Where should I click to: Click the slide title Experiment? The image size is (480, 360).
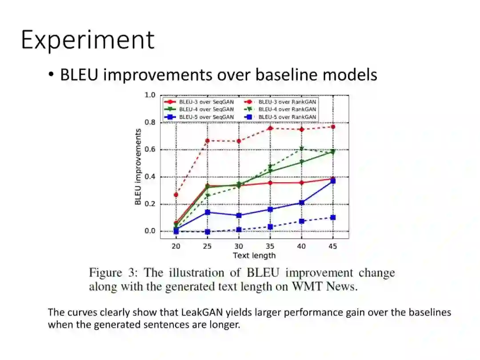pos(88,40)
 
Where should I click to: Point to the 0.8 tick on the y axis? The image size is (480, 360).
pos(150,123)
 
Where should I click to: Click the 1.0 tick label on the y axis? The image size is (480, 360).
pos(150,95)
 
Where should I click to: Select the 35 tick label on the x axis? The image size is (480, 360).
pos(270,246)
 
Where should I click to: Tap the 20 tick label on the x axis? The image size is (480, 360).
pos(176,246)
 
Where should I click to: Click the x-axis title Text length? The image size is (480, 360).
pos(254,255)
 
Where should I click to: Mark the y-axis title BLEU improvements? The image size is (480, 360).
pos(138,167)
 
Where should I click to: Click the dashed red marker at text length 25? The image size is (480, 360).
pos(208,141)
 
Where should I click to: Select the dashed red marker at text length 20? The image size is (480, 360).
pos(176,195)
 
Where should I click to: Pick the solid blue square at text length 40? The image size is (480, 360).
pos(301,203)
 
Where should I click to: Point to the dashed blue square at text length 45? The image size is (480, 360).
pos(333,218)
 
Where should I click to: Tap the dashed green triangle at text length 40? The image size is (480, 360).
pos(301,149)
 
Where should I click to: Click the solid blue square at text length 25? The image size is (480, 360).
pos(208,212)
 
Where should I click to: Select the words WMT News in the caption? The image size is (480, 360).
pos(325,287)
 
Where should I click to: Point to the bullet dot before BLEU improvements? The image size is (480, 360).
pos(51,74)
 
